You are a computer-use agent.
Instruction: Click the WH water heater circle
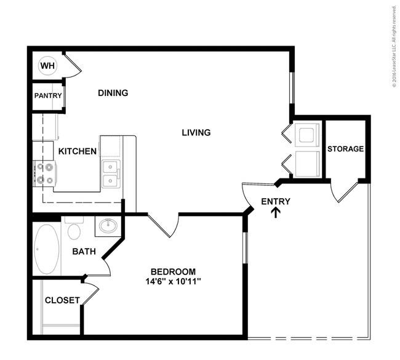pos(47,66)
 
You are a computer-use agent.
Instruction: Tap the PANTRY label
pos(48,95)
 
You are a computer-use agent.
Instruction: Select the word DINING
pos(113,93)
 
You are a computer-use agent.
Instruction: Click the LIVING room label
pos(196,133)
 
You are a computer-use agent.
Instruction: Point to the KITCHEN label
pos(78,151)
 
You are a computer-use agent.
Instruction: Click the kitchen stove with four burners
pos(45,174)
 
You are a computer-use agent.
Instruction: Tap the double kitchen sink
pos(111,174)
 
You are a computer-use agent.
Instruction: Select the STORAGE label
pos(345,149)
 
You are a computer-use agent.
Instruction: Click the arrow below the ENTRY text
pos(276,212)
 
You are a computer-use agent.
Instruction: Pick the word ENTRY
pos(276,202)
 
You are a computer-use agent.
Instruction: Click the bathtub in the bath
pos(47,249)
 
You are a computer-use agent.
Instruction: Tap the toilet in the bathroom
pos(74,228)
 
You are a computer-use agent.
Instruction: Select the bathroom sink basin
pos(108,225)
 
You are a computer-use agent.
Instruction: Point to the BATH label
pos(84,252)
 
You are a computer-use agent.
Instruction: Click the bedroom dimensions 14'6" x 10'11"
pos(173,282)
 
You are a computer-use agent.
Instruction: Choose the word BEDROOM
pos(173,271)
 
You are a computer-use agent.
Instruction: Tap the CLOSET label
pos(62,300)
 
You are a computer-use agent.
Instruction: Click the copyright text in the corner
pos(394,47)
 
